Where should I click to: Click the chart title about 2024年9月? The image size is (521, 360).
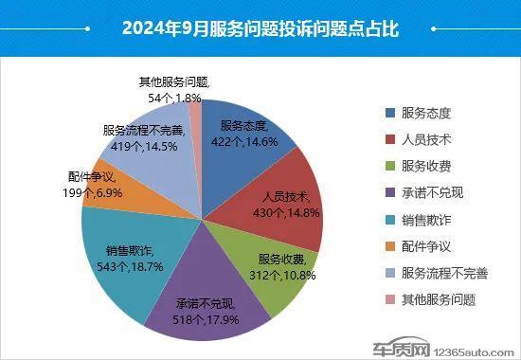coord(260,28)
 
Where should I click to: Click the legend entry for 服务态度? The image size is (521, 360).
coord(425,113)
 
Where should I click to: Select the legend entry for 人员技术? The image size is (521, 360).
coord(425,139)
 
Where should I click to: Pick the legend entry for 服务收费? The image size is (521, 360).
coord(425,166)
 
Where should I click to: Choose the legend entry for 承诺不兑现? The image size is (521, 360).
coord(431,193)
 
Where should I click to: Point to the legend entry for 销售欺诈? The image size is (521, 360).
coord(425,220)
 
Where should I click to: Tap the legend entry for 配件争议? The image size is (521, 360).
coord(425,246)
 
